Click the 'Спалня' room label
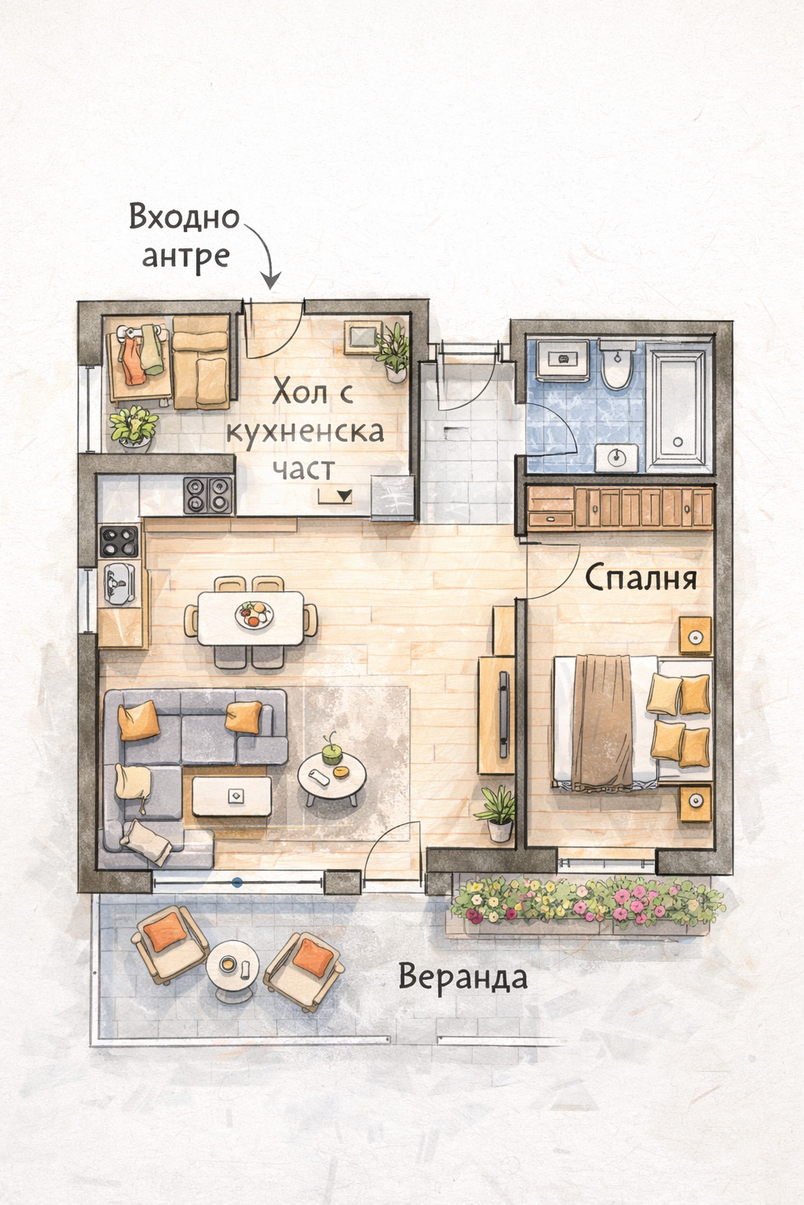point(641,578)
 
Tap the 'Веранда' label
point(462,977)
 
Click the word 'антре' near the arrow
point(185,257)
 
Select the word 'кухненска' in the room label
point(305,432)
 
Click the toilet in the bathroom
point(617,366)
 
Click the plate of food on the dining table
point(254,613)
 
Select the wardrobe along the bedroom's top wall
point(619,508)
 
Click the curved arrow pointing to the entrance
point(264,255)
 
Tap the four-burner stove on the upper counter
point(208,494)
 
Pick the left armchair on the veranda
point(170,944)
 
